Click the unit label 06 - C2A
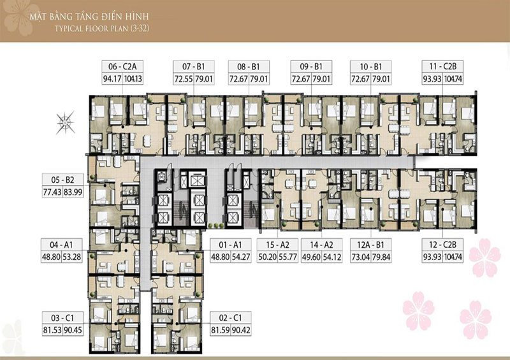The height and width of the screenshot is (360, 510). [122, 67]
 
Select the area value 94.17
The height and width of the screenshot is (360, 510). [112, 79]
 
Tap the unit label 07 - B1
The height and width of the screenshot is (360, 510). [194, 67]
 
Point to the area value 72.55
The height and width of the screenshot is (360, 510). [184, 79]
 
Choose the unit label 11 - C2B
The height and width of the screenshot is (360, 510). [442, 67]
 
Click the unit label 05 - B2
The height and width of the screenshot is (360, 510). [62, 180]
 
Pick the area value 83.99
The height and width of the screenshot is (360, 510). [73, 192]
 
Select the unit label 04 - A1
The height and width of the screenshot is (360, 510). [61, 245]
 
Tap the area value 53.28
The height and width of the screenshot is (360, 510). [72, 257]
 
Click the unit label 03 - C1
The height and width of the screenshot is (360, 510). [62, 318]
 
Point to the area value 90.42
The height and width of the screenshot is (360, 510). [241, 331]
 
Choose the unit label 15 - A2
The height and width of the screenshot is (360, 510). [277, 245]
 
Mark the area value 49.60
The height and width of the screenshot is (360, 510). [311, 257]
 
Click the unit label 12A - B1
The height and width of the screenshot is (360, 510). [370, 245]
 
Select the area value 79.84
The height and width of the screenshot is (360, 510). [381, 257]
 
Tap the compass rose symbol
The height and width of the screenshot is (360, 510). [66, 122]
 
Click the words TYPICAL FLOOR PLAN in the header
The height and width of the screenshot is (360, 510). [91, 29]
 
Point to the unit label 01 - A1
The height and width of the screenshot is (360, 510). [230, 245]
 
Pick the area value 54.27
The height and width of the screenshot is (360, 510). [241, 257]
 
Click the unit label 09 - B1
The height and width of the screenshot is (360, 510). [311, 67]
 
